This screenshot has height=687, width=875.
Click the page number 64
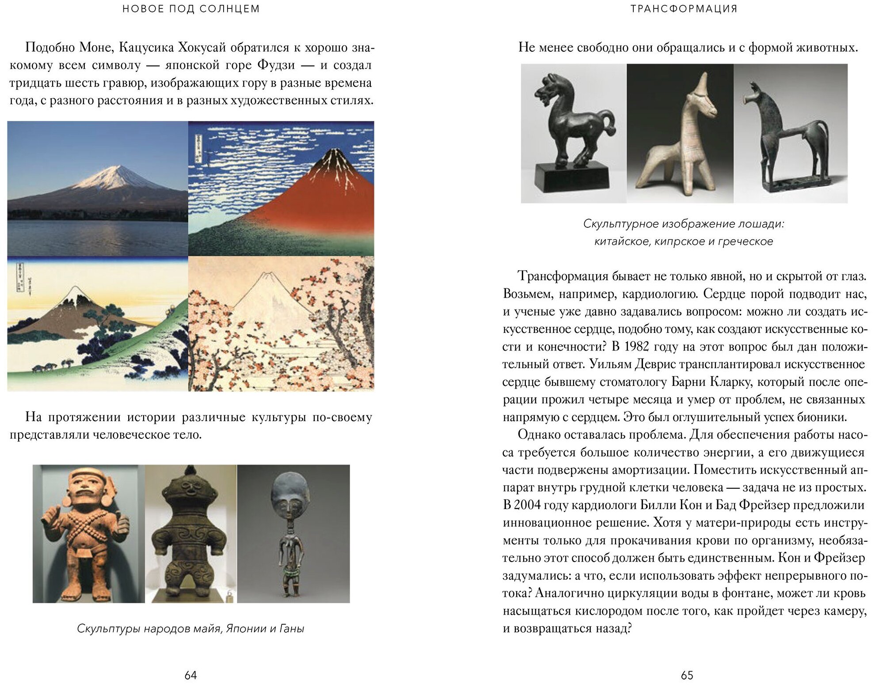click(x=190, y=675)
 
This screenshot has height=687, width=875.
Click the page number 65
click(x=687, y=675)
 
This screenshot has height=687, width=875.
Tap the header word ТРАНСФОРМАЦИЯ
click(x=684, y=9)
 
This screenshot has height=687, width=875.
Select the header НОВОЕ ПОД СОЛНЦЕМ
click(x=191, y=9)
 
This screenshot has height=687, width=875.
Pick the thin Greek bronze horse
click(x=787, y=132)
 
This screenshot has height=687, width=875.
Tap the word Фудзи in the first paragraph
click(x=276, y=65)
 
